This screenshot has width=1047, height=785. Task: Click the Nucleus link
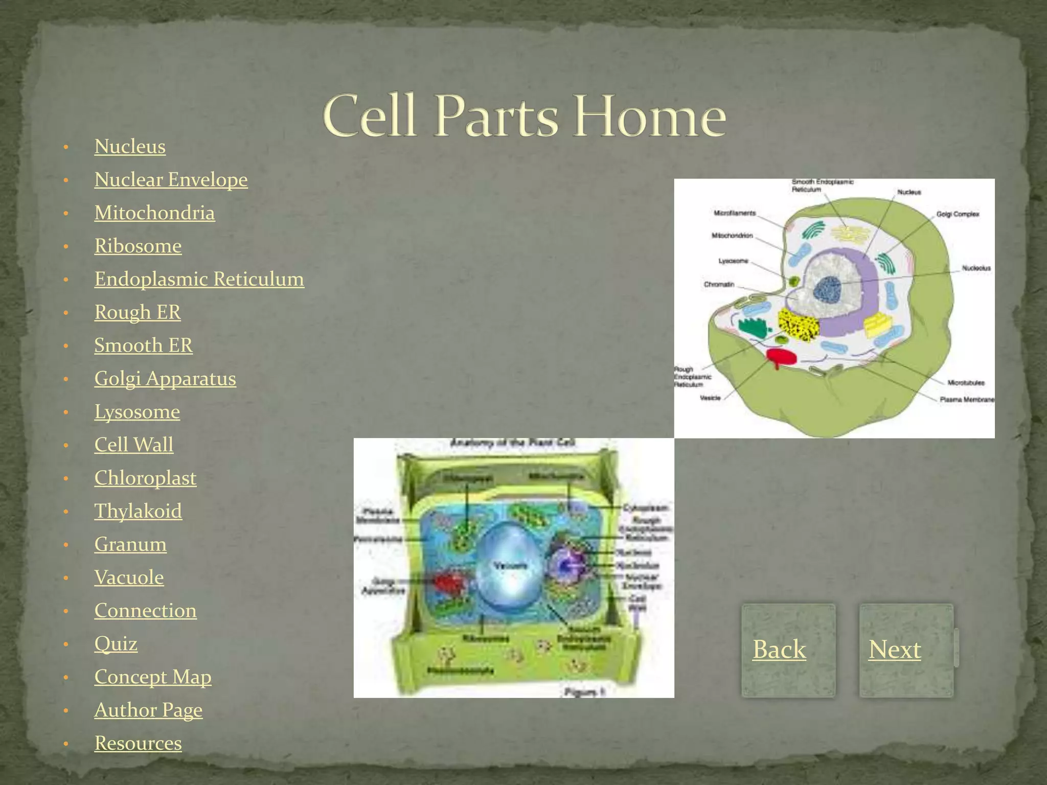coord(130,147)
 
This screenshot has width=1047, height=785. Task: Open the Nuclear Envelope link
coord(171,180)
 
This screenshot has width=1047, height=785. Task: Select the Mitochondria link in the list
coord(154,213)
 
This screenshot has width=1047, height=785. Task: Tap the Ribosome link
coord(138,246)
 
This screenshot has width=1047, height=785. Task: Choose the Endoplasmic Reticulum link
coord(199,279)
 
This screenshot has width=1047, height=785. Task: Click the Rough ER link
coord(138,312)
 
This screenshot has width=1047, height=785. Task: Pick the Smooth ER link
coord(143,345)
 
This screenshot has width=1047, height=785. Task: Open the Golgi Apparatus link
coord(165,379)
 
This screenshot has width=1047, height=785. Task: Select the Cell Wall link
coord(134,445)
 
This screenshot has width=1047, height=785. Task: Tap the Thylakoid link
coord(138,511)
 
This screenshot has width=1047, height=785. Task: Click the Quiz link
coord(116,643)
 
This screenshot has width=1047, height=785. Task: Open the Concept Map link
coord(153,677)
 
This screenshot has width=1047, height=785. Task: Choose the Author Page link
coord(148,710)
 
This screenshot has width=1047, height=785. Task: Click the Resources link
coord(138,743)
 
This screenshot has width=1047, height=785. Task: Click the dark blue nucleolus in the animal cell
coord(828,290)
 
